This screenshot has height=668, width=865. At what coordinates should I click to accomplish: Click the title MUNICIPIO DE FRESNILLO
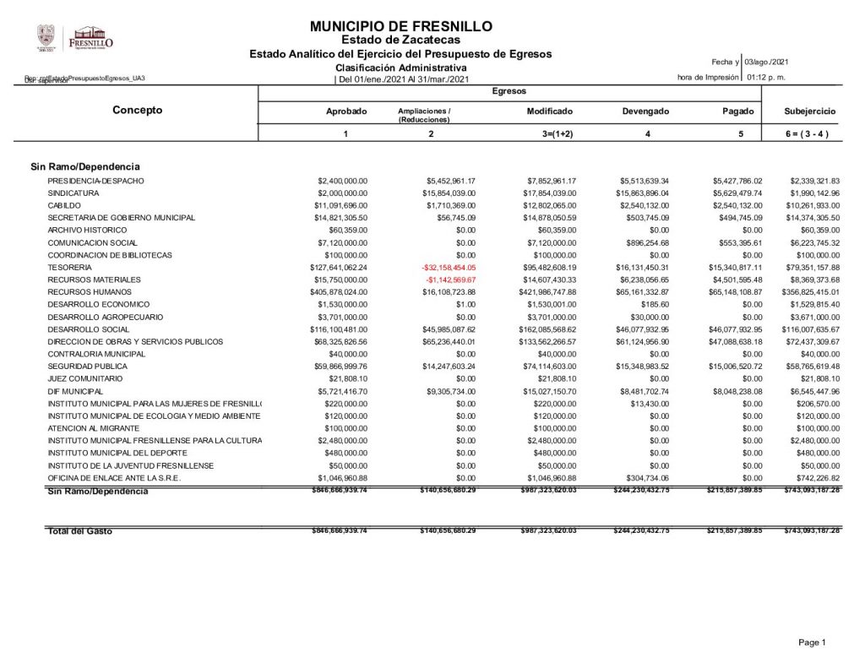click(401, 27)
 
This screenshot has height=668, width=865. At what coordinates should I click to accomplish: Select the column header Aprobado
click(346, 111)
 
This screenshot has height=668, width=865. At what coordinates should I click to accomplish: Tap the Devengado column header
click(646, 111)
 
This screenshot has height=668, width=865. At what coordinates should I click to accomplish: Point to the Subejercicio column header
click(809, 111)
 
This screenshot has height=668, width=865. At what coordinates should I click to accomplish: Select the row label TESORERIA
click(69, 268)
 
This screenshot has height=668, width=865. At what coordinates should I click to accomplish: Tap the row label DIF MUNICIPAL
click(75, 392)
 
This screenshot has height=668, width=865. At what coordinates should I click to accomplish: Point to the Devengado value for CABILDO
click(645, 206)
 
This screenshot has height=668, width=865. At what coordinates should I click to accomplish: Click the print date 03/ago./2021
click(767, 62)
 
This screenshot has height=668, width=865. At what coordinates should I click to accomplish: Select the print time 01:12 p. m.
click(766, 78)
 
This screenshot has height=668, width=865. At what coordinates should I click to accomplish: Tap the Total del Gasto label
click(79, 531)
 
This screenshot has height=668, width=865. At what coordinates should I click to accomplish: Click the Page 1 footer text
click(812, 644)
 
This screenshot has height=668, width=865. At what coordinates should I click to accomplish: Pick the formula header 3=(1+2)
click(550, 134)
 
